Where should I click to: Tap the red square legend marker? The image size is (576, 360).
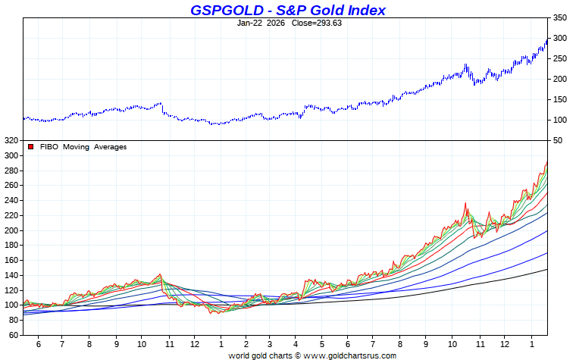click(x=31, y=147)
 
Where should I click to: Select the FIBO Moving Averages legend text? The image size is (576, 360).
click(x=83, y=147)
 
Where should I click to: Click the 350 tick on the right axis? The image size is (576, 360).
click(x=559, y=17)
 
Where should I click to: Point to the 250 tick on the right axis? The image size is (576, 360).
click(x=559, y=58)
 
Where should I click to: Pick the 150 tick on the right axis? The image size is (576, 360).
click(x=559, y=99)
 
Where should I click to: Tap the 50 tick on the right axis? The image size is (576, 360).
click(x=559, y=140)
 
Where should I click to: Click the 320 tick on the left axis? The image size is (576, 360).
click(x=10, y=140)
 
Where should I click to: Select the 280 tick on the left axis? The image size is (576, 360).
click(x=10, y=171)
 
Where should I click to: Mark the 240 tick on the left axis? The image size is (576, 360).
click(x=10, y=200)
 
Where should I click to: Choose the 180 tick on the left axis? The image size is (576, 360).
click(x=10, y=245)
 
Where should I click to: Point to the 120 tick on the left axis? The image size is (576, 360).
click(x=10, y=290)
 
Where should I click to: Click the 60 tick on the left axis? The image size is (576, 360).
click(x=12, y=335)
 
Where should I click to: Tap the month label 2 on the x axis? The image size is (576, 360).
click(x=246, y=343)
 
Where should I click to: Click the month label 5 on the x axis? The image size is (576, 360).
click(x=322, y=343)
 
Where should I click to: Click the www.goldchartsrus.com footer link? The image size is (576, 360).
click(x=350, y=355)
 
